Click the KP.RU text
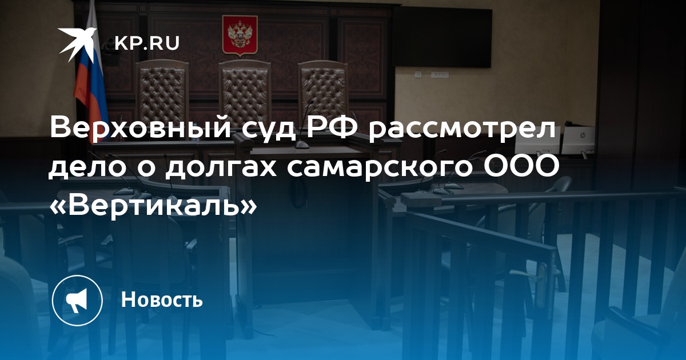tap(147, 43)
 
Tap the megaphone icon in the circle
tap(77, 301)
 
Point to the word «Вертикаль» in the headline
tap(153, 204)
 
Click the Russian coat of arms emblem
tap(240, 36)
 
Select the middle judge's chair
tap(245, 92)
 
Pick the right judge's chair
tap(324, 92)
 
